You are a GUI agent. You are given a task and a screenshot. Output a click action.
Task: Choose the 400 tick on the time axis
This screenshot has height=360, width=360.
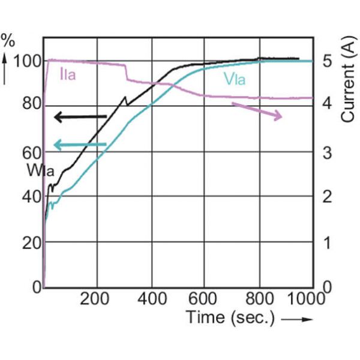[151, 299]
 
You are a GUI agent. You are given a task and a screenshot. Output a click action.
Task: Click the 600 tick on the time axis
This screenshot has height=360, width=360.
[205, 299]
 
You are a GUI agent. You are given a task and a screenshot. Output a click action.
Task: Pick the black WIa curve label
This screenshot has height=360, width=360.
[40, 170]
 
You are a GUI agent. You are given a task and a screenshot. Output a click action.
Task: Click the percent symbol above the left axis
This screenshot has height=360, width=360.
[8, 41]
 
